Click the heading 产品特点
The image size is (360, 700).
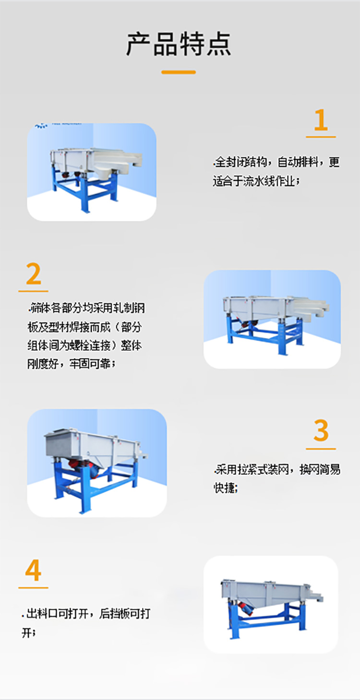179,44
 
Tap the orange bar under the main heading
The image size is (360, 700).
179,72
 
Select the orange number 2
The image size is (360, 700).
33,275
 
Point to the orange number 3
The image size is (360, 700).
321,431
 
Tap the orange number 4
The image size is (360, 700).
33,571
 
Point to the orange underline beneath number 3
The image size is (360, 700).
321,449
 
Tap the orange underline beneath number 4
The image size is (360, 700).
33,587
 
